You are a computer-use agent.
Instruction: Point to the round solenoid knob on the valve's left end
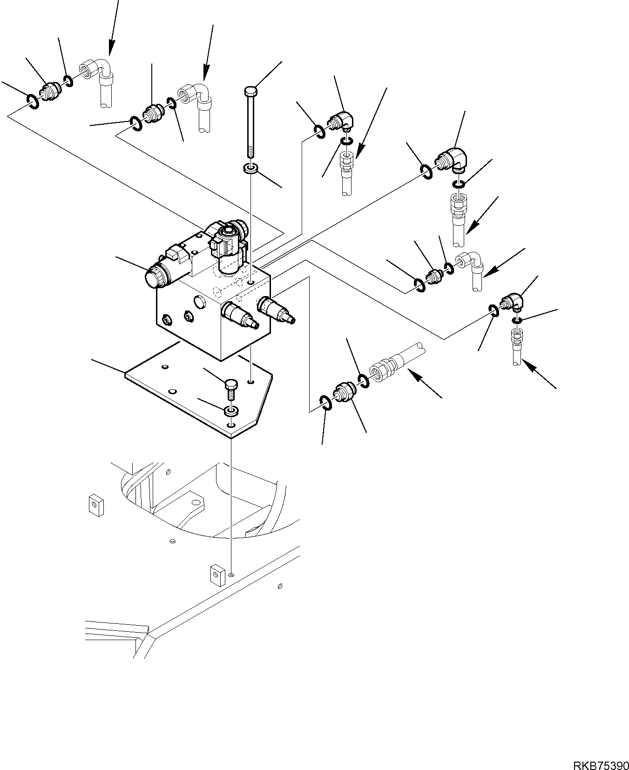click(153, 278)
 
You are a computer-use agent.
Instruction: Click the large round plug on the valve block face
click(200, 302)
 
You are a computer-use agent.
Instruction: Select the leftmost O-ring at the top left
click(33, 101)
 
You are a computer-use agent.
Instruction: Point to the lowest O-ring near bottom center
click(325, 402)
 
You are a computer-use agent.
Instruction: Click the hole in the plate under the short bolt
click(231, 426)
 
